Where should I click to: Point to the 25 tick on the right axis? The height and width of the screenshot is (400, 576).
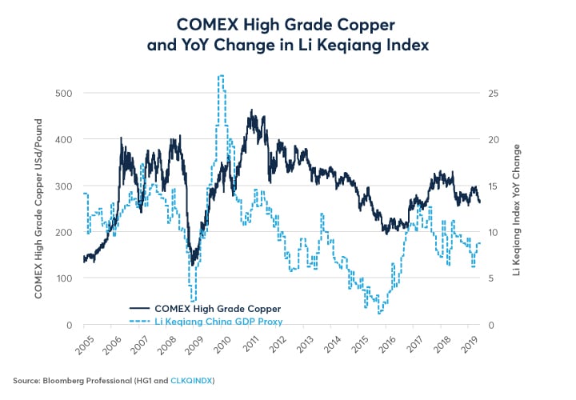click(494, 93)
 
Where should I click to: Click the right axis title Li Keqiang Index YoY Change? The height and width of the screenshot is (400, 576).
click(517, 210)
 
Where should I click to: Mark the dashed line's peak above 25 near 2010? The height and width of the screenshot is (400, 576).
click(220, 76)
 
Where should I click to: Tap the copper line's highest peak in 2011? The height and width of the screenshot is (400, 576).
click(251, 110)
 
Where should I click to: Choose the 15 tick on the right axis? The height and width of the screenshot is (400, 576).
click(494, 186)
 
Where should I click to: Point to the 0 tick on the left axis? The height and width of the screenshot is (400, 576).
click(70, 325)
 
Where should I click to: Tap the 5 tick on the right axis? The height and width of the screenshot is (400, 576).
click(491, 278)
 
